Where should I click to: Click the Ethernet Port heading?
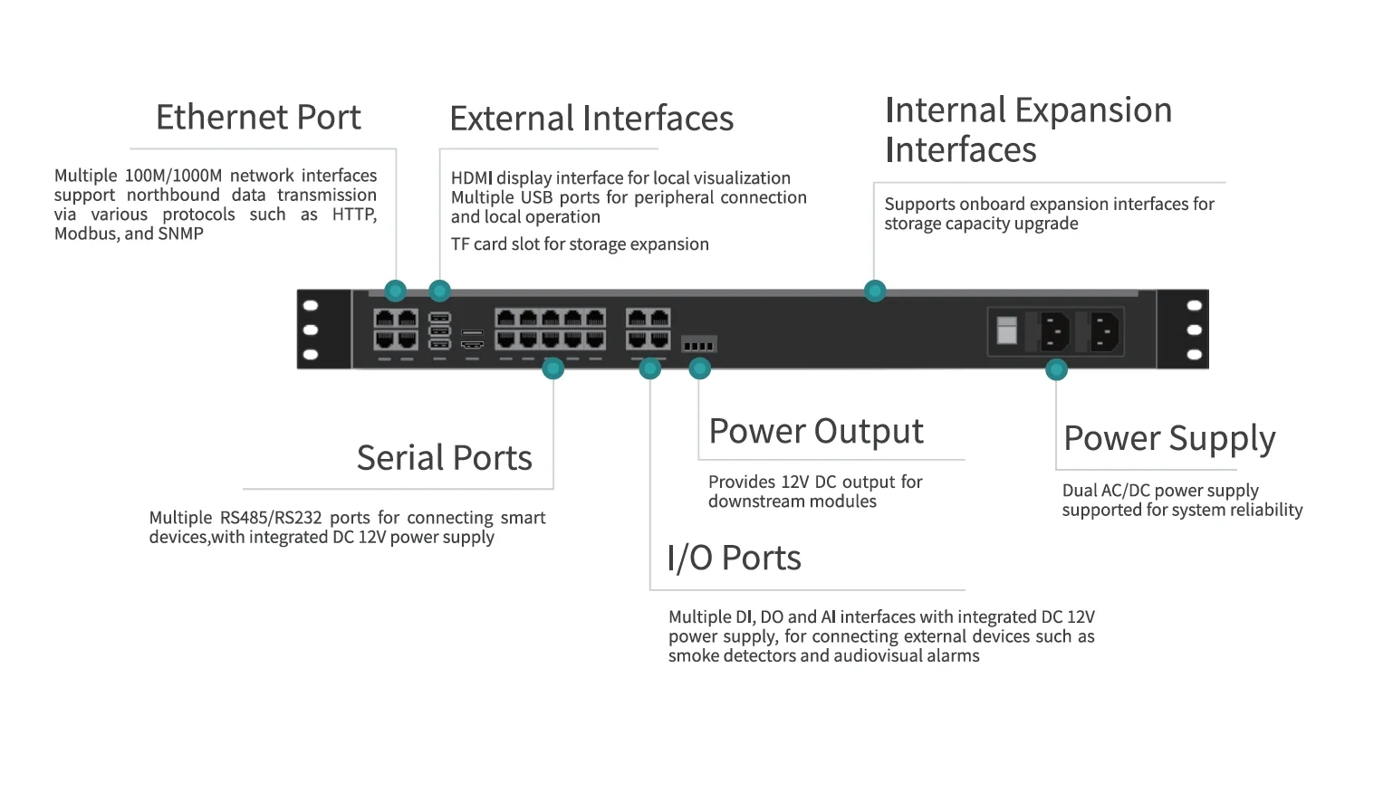[258, 118]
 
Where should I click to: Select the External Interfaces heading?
[591, 119]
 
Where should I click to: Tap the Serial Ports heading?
[444, 458]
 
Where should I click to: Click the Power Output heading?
[815, 432]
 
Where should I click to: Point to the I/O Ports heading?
[734, 559]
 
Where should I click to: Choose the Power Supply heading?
[1169, 439]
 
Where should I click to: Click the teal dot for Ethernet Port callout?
[395, 291]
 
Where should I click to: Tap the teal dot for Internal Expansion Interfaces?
[874, 291]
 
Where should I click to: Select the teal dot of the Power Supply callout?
[1056, 369]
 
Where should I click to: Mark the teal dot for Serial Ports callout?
[552, 368]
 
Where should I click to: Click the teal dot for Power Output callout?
[699, 368]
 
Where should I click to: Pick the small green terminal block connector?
[698, 345]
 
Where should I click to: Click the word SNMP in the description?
[180, 234]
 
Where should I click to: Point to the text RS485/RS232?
[271, 518]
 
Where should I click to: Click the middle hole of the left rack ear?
[311, 330]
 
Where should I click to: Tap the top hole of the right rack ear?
[1194, 306]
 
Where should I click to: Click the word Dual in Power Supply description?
[1079, 491]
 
